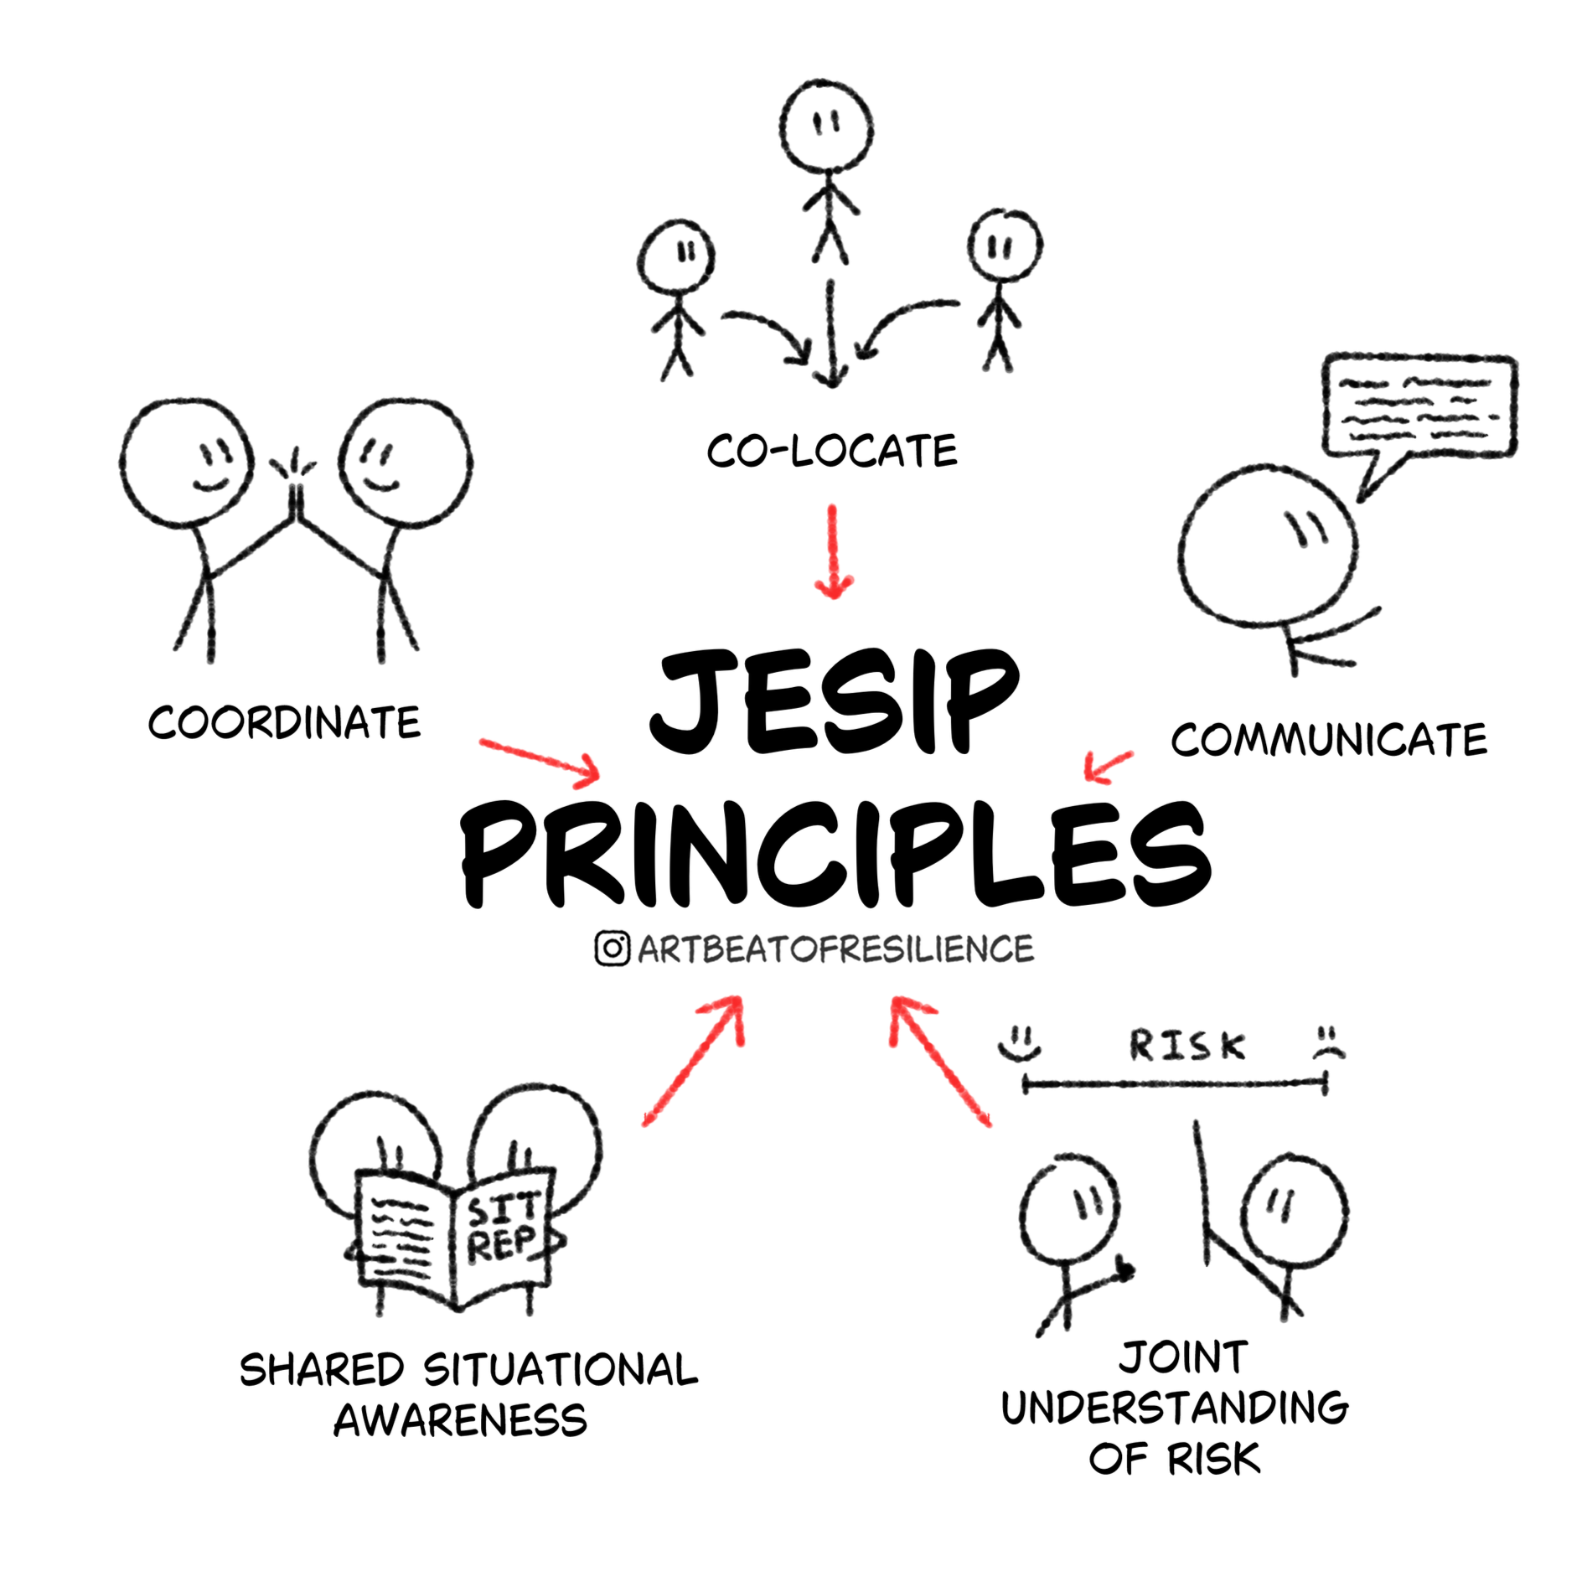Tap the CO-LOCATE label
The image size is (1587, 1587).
pyautogui.click(x=831, y=452)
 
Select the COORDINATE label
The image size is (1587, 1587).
pyautogui.click(x=284, y=722)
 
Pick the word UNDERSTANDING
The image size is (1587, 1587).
pyautogui.click(x=1175, y=1407)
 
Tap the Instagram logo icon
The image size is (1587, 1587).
pyautogui.click(x=613, y=949)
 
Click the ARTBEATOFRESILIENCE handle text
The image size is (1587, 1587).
pyautogui.click(x=835, y=949)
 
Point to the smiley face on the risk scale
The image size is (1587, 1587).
pyautogui.click(x=1020, y=1042)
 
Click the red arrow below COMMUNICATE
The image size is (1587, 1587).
pyautogui.click(x=1106, y=765)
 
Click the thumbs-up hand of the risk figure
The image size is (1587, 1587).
pyautogui.click(x=1121, y=1271)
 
